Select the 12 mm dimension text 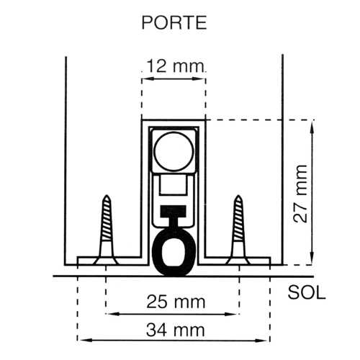click(174, 67)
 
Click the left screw click(107, 227)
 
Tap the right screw click(238, 227)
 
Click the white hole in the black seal click(174, 253)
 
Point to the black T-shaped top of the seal click(174, 214)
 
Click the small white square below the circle click(174, 189)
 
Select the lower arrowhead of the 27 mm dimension click(311, 261)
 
